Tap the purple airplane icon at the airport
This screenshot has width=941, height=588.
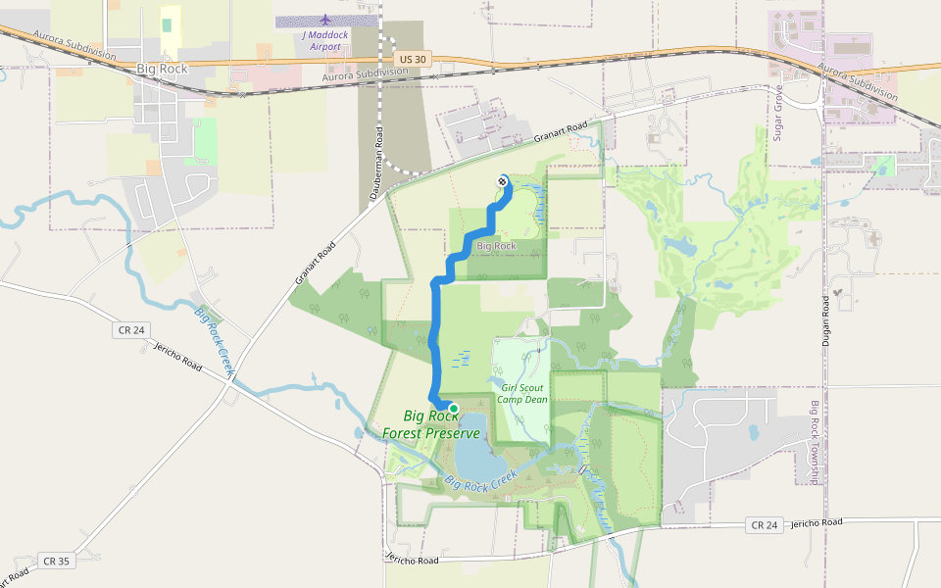[x=325, y=20]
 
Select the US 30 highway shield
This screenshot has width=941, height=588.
[x=414, y=59]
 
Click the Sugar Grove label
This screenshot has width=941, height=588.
[x=778, y=114]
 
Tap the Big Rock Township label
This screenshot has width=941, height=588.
[x=814, y=442]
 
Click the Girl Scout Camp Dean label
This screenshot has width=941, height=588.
[x=521, y=393]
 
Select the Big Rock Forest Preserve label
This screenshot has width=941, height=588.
[x=432, y=424]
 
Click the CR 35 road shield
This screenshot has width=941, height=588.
[x=56, y=562]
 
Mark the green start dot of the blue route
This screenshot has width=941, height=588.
[x=453, y=409]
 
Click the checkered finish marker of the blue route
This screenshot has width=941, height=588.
[x=503, y=181]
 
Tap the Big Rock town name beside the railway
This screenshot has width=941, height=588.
[x=162, y=69]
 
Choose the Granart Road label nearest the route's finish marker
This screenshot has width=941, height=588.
[x=561, y=133]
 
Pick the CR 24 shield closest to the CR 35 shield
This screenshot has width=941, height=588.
[x=130, y=330]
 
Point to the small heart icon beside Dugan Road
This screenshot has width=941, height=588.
[x=838, y=292]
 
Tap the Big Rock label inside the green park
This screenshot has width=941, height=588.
[x=495, y=246]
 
